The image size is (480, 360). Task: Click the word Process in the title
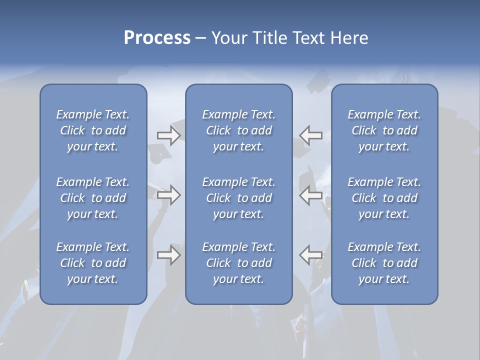pyautogui.click(x=157, y=38)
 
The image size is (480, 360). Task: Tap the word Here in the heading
pyautogui.click(x=349, y=38)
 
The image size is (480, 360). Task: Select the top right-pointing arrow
pyautogui.click(x=168, y=135)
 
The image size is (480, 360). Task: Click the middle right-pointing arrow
pyautogui.click(x=168, y=194)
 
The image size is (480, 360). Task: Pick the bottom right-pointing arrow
pyautogui.click(x=168, y=255)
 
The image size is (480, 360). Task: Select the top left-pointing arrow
pyautogui.click(x=311, y=135)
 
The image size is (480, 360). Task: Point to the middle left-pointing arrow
pyautogui.click(x=311, y=194)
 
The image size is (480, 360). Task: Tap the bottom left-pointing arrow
pyautogui.click(x=311, y=255)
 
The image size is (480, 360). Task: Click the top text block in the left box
pyautogui.click(x=93, y=130)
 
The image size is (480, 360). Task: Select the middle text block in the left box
pyautogui.click(x=93, y=198)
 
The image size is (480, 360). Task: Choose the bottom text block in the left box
pyautogui.click(x=93, y=263)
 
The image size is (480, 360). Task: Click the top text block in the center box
pyautogui.click(x=239, y=130)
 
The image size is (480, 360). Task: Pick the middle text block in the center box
pyautogui.click(x=239, y=198)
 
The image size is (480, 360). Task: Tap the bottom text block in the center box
pyautogui.click(x=239, y=263)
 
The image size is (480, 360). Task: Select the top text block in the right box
pyautogui.click(x=384, y=130)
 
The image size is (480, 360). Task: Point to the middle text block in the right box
pyautogui.click(x=384, y=198)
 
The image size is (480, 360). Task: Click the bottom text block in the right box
pyautogui.click(x=384, y=263)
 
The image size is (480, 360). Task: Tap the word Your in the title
pyautogui.click(x=228, y=38)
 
